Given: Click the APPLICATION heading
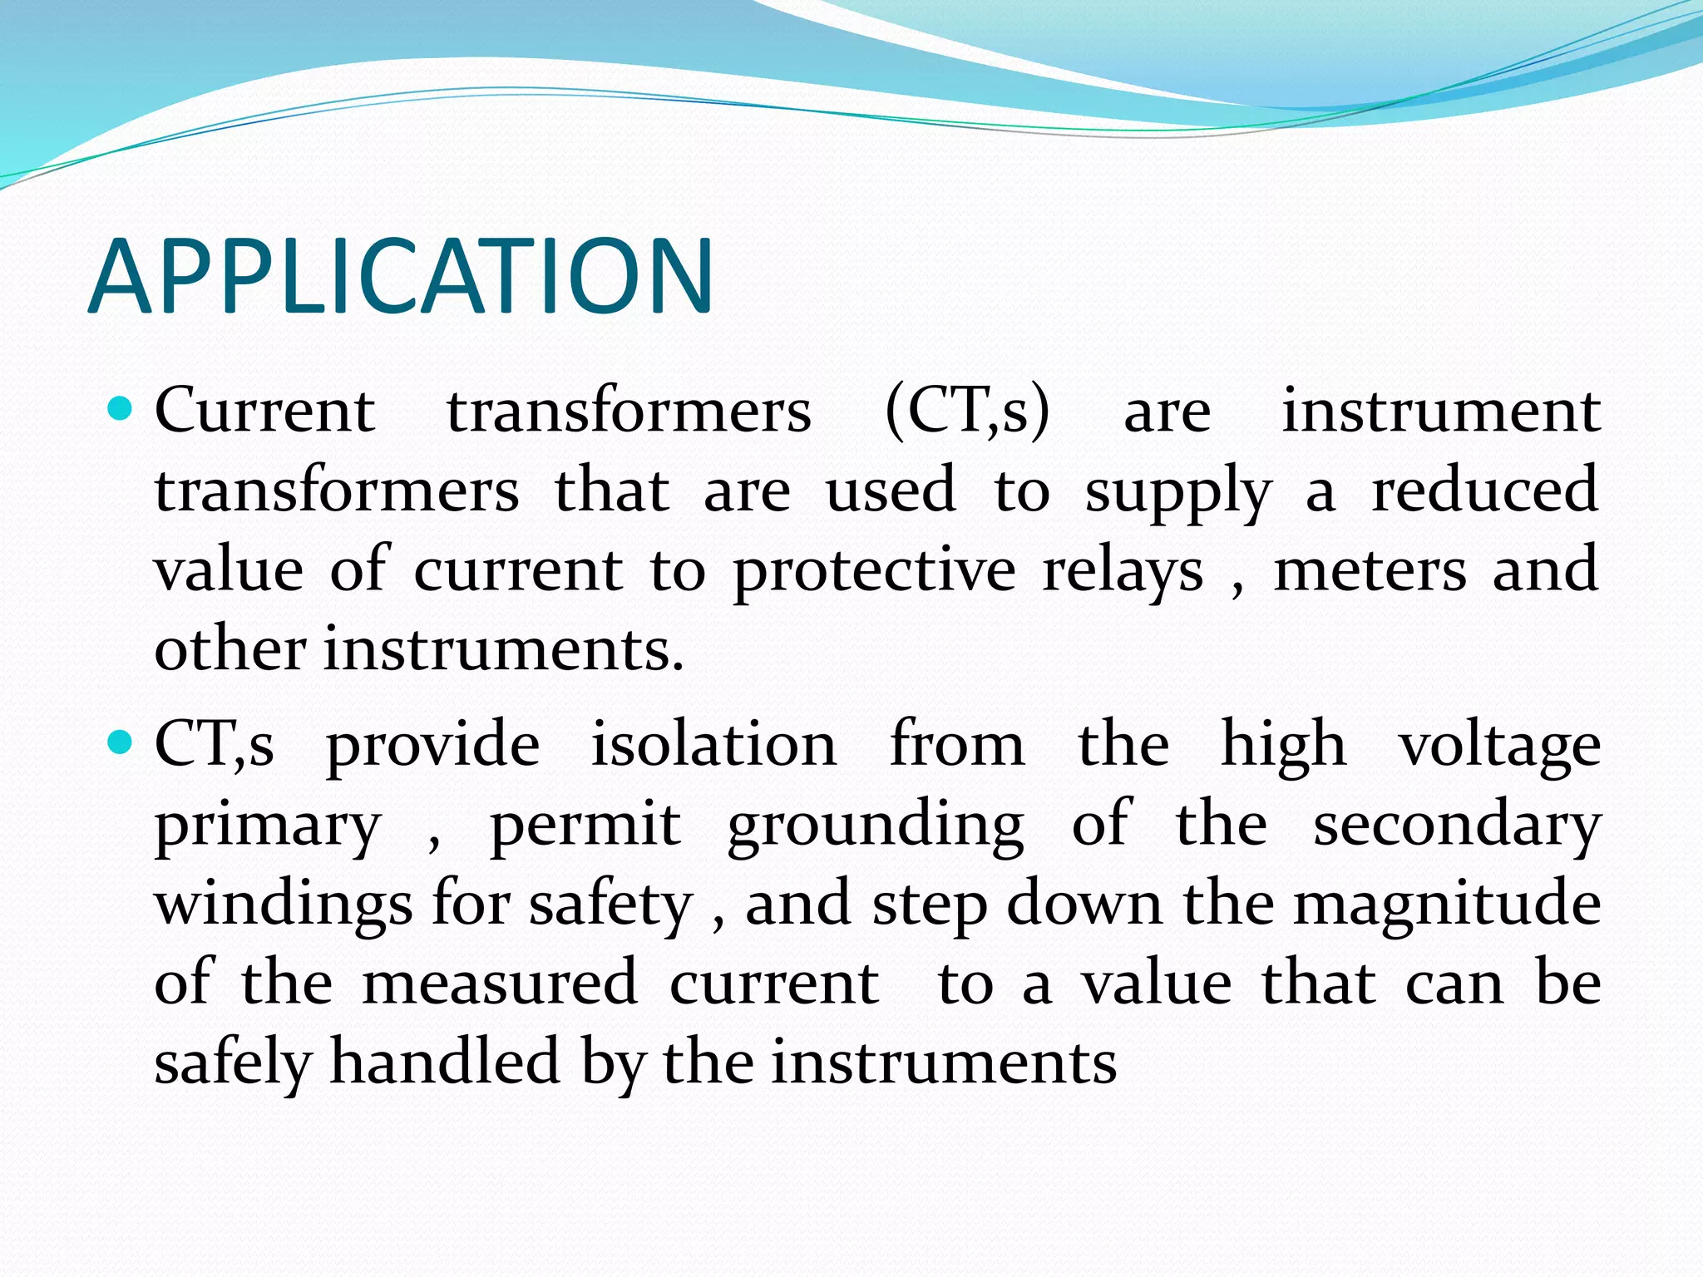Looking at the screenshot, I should pyautogui.click(x=400, y=277).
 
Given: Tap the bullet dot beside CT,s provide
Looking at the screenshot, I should pyautogui.click(x=121, y=742).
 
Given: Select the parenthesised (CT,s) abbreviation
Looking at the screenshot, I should pyautogui.click(x=967, y=412).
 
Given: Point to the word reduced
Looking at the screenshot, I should pyautogui.click(x=1484, y=491).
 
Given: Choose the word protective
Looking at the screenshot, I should pyautogui.click(x=874, y=573).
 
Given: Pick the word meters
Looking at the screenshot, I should pyautogui.click(x=1370, y=571).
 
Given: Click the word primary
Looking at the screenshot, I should pyautogui.click(x=268, y=826).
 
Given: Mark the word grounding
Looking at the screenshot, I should pyautogui.click(x=876, y=826).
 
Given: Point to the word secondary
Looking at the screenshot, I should pyautogui.click(x=1457, y=826).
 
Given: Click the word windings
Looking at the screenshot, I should pyautogui.click(x=283, y=905).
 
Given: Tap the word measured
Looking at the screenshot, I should pyautogui.click(x=500, y=984).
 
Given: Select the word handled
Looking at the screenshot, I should pyautogui.click(x=445, y=1063).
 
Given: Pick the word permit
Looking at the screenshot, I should pyautogui.click(x=585, y=826).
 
